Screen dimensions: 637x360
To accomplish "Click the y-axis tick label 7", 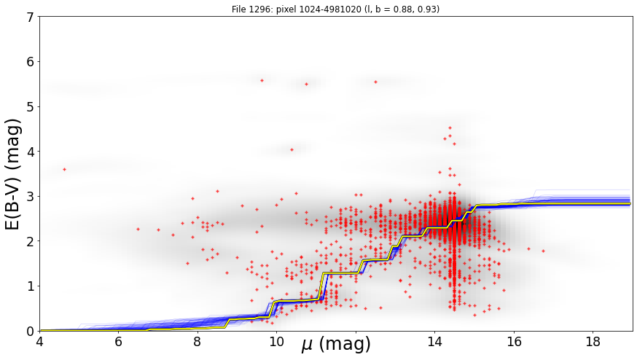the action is (30, 17).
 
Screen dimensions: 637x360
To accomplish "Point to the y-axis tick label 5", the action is (30, 107).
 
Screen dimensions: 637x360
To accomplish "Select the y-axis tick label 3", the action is (30, 197).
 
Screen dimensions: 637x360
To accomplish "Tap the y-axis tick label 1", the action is (30, 286).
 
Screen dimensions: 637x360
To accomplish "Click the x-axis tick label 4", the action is (39, 342).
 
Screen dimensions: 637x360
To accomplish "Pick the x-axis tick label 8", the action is (198, 342).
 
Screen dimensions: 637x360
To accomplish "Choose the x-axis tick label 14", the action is (434, 342).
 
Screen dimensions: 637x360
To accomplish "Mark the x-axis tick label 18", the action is (593, 342).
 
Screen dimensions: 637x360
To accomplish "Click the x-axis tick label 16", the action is (514, 342).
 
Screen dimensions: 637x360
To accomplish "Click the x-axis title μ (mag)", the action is (336, 345).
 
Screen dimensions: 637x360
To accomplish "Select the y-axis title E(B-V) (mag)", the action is (13, 174).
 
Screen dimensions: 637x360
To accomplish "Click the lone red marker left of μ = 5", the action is (64, 170).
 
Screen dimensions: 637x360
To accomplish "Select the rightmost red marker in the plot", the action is (543, 251).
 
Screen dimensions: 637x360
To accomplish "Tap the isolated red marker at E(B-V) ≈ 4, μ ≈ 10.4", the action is (292, 149).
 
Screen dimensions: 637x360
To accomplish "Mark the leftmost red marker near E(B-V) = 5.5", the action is (262, 80).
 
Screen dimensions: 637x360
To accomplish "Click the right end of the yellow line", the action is (630, 203).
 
